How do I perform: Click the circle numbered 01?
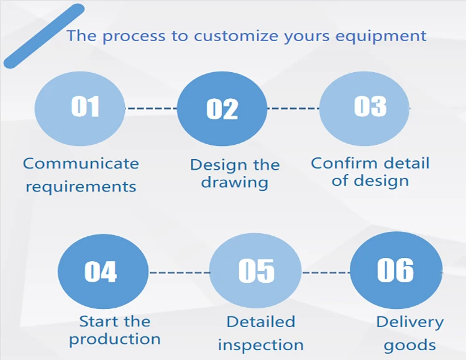coord(80,108)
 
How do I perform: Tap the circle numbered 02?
coord(222,109)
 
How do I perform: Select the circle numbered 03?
coord(365,108)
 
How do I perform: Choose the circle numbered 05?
coord(255,271)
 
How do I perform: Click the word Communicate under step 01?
coord(81,164)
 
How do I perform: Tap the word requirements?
coord(81,186)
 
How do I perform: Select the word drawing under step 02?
coord(234,183)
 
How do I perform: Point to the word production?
coord(115,339)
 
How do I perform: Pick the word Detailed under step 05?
coord(260,322)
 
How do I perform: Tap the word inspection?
coord(260,344)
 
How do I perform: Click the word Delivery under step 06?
coord(410,323)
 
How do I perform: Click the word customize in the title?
coord(229,35)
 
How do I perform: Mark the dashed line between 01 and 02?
coord(151,108)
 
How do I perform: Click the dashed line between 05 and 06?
coord(326,272)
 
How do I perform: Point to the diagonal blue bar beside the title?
coord(44,36)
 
